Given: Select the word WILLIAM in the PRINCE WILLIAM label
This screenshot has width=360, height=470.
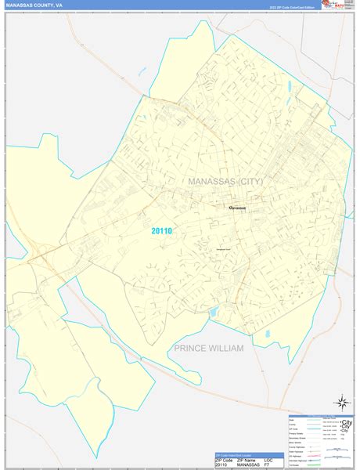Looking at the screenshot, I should (221, 349).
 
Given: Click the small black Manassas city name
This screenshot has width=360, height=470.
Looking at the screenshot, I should (237, 208).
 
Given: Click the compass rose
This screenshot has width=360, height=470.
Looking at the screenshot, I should (340, 402).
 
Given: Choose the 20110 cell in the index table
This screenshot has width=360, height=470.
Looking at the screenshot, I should (224, 465).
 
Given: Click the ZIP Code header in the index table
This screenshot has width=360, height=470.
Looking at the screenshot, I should (224, 459).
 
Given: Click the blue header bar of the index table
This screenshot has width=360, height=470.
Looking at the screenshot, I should (244, 454).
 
